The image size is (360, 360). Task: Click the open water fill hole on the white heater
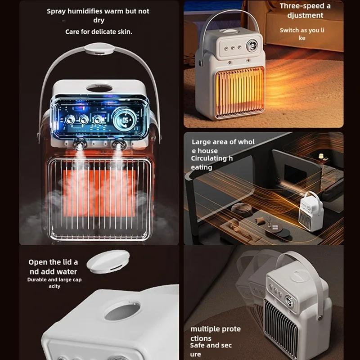click(x=121, y=310)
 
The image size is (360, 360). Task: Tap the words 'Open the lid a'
click(x=53, y=262)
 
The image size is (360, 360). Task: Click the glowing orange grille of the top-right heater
click(x=239, y=91)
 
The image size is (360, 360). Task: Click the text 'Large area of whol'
click(x=223, y=142)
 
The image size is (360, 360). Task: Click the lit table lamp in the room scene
click(x=321, y=156)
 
